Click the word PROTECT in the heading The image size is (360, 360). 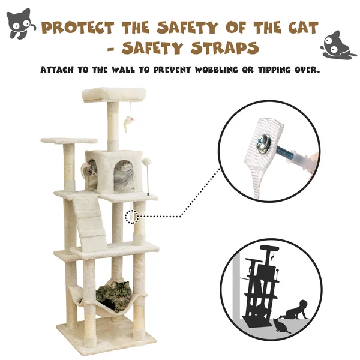(x=78, y=28)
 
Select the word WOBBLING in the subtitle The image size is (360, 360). (x=217, y=70)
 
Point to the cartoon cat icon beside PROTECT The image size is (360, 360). (x=20, y=23)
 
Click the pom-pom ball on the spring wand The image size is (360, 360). (x=146, y=161)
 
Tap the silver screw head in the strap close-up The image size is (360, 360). (x=263, y=143)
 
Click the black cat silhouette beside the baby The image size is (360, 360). (x=281, y=326)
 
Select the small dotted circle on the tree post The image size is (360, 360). (x=132, y=217)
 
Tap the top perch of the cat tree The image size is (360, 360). (x=114, y=95)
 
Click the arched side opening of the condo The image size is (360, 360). (x=124, y=176)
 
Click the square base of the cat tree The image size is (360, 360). (x=106, y=335)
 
